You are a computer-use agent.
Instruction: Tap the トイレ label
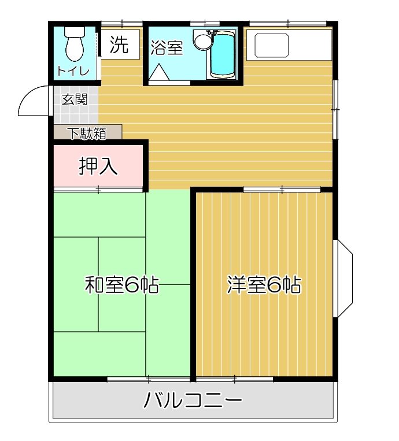click(73, 71)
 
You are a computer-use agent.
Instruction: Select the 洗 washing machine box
click(120, 45)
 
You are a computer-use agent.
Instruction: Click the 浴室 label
click(167, 48)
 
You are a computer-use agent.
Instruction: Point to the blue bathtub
click(223, 55)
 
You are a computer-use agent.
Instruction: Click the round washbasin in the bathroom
click(202, 41)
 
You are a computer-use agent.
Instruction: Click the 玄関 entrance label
click(75, 99)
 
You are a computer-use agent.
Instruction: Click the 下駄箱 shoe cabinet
click(88, 133)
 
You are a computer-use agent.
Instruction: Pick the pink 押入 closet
click(98, 166)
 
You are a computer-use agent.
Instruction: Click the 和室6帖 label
click(122, 286)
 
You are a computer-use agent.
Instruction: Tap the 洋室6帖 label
click(264, 286)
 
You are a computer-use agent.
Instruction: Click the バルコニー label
click(193, 401)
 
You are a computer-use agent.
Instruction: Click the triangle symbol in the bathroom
click(158, 73)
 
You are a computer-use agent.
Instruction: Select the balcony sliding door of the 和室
click(149, 379)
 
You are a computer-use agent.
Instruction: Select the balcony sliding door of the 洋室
click(234, 379)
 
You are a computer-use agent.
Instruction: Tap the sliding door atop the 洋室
click(282, 189)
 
